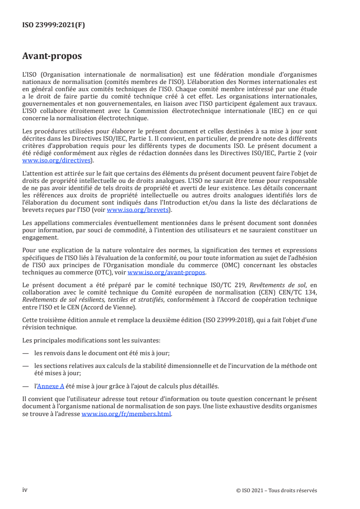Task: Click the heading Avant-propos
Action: point(52,56)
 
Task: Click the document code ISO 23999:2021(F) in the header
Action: point(54,25)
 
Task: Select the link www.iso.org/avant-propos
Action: point(167,273)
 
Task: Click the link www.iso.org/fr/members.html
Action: point(127,414)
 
